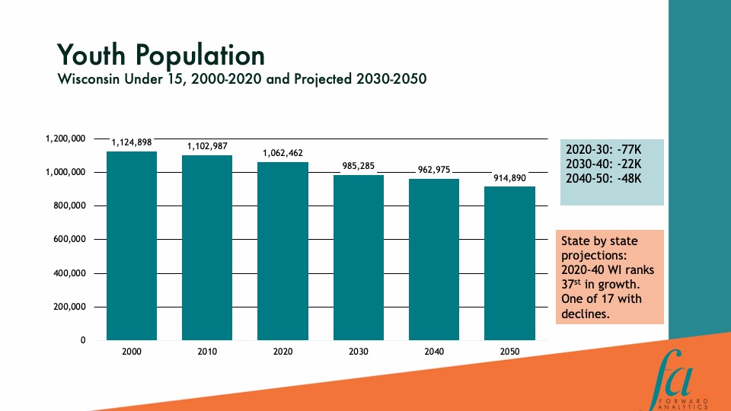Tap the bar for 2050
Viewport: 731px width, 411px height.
pyautogui.click(x=509, y=263)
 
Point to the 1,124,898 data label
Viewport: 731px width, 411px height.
pyautogui.click(x=132, y=142)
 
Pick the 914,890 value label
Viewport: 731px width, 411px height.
pyautogui.click(x=509, y=177)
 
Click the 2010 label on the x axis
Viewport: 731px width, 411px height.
pyautogui.click(x=207, y=352)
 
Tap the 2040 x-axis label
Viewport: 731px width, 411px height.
pyautogui.click(x=433, y=352)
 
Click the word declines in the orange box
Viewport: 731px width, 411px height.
pyautogui.click(x=585, y=312)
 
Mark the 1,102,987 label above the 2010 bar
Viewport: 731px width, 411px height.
pyautogui.click(x=207, y=146)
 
